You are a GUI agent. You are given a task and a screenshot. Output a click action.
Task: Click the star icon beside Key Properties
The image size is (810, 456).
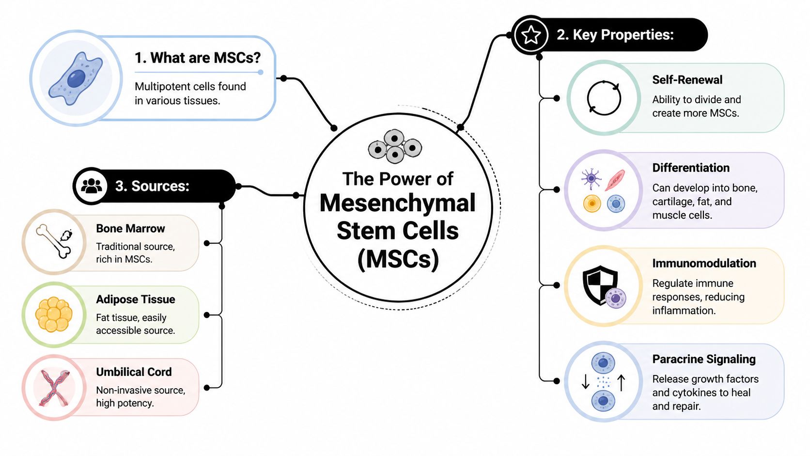pyautogui.click(x=531, y=35)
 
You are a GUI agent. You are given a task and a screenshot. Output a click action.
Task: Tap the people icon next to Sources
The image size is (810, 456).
pyautogui.click(x=92, y=186)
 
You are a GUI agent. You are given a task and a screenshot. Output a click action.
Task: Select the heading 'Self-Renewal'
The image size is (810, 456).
pyautogui.click(x=687, y=80)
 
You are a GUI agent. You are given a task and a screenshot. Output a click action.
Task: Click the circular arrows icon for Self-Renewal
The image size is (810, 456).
pyautogui.click(x=604, y=98)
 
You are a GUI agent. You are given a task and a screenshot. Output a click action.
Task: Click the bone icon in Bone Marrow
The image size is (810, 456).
pyautogui.click(x=53, y=241)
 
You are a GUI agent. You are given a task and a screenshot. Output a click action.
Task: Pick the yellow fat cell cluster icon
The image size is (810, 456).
pyautogui.click(x=54, y=314)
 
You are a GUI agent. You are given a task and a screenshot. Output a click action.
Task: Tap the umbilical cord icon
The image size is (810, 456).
pyautogui.click(x=54, y=387)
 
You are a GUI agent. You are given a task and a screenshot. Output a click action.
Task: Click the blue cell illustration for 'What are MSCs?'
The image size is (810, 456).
pyautogui.click(x=76, y=79)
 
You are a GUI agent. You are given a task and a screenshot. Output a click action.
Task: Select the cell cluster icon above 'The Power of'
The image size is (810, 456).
pyautogui.click(x=395, y=145)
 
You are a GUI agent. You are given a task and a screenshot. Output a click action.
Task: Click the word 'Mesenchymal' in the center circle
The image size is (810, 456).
pyautogui.click(x=397, y=203)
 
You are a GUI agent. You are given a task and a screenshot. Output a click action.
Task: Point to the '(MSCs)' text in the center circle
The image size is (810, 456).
pyautogui.click(x=398, y=259)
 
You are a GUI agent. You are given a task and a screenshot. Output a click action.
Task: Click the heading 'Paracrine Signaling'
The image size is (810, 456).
pyautogui.click(x=703, y=360)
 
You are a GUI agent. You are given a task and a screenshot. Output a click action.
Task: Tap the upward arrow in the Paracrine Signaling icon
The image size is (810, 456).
pyautogui.click(x=622, y=382)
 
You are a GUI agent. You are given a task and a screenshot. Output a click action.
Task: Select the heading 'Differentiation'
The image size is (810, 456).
pyautogui.click(x=690, y=168)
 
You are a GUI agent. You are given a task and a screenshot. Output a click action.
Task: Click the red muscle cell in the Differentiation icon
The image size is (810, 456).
pyautogui.click(x=615, y=180)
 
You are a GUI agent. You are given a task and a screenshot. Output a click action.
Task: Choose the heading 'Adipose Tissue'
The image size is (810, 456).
pyautogui.click(x=135, y=299)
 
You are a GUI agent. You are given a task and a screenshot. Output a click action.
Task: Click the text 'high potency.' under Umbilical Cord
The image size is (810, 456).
pyautogui.click(x=125, y=403)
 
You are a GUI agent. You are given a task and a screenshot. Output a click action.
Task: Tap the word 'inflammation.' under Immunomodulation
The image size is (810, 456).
pyautogui.click(x=683, y=311)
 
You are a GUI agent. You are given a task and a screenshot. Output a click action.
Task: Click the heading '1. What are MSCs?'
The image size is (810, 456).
pyautogui.click(x=197, y=58)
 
